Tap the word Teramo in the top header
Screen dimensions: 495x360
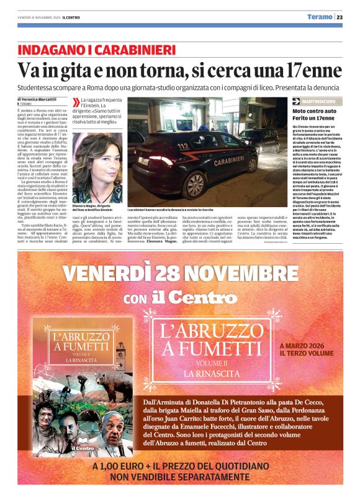pyautogui.click(x=319, y=17)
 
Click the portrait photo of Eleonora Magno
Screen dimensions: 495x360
pyautogui.click(x=97, y=168)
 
